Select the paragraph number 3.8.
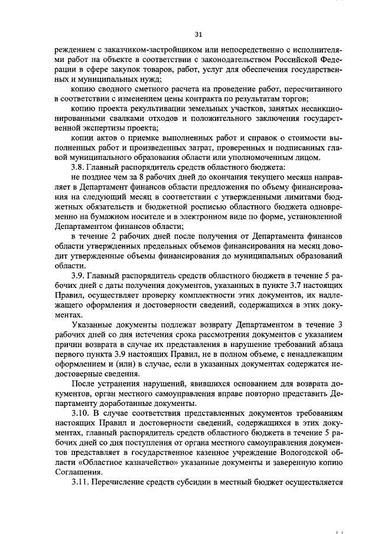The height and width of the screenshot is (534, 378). tap(78, 168)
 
